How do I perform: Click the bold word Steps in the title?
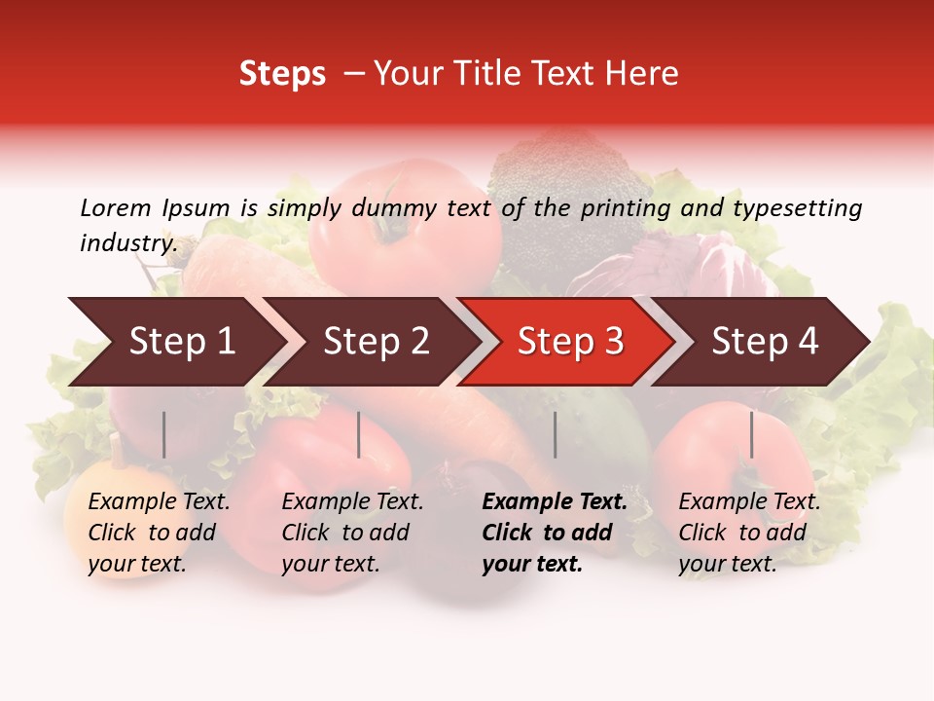pyautogui.click(x=282, y=74)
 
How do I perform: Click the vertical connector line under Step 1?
pyautogui.click(x=164, y=434)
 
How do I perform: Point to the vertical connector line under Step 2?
pyautogui.click(x=359, y=434)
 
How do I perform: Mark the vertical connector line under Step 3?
pyautogui.click(x=555, y=434)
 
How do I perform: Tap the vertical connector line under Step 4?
pyautogui.click(x=751, y=434)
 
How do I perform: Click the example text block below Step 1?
pyautogui.click(x=159, y=533)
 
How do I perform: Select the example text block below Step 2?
pyautogui.click(x=352, y=533)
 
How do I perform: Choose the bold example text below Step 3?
pyautogui.click(x=554, y=533)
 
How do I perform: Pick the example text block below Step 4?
pyautogui.click(x=749, y=533)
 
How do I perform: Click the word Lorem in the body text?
pyautogui.click(x=115, y=207)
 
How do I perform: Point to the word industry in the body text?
pyautogui.click(x=127, y=243)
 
